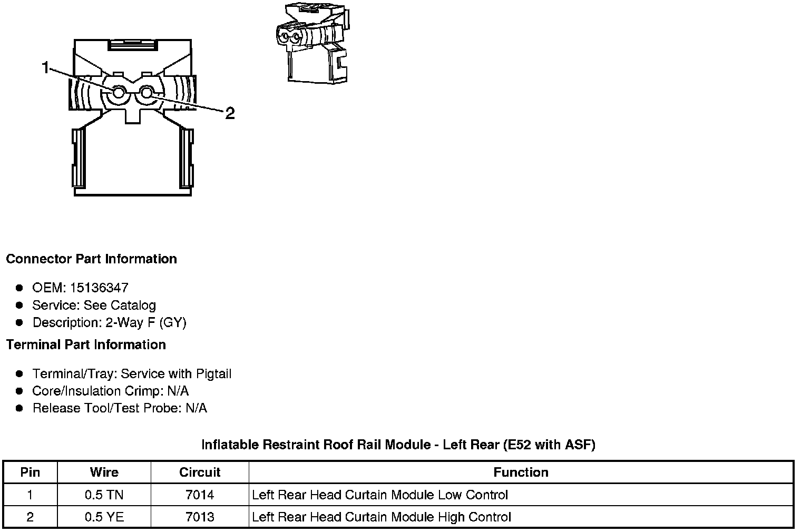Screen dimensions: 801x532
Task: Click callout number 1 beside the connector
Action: [x=45, y=67]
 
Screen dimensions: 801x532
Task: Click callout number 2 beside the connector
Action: [x=230, y=113]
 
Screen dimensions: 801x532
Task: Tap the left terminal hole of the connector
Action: [x=118, y=94]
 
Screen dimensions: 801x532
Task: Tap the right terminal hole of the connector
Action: [x=147, y=94]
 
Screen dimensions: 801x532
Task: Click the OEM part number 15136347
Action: [x=99, y=288]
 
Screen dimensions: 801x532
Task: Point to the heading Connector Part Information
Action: [x=92, y=259]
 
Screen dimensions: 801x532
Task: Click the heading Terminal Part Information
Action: [x=86, y=345]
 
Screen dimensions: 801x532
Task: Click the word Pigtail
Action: [x=213, y=374]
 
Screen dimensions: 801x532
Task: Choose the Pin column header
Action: [x=30, y=472]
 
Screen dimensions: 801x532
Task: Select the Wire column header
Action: [x=104, y=472]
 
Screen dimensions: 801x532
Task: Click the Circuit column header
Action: [x=200, y=472]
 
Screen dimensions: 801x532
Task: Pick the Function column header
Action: [x=521, y=472]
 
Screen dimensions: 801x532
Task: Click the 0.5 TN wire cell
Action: [x=104, y=495]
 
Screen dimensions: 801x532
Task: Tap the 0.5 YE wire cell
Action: [x=104, y=517]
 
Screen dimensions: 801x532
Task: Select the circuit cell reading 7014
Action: [x=200, y=495]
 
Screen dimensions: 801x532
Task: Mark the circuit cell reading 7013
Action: [x=200, y=517]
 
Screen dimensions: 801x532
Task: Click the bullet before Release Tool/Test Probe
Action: [x=19, y=408]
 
